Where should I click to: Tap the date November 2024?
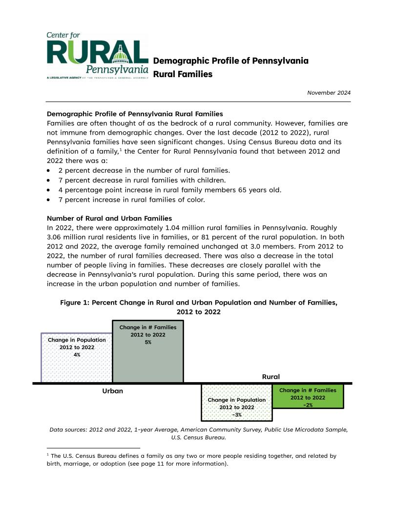pyautogui.click(x=329, y=93)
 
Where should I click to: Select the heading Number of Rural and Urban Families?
pyautogui.click(x=109, y=218)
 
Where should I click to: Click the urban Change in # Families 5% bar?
pyautogui.click(x=147, y=361)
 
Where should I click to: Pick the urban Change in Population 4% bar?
pyautogui.click(x=77, y=366)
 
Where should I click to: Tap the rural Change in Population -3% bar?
pyautogui.click(x=236, y=408)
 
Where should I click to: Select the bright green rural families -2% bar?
pyautogui.click(x=308, y=397)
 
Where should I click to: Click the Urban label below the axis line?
pyautogui.click(x=112, y=391)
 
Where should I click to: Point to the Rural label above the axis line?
pyautogui.click(x=271, y=377)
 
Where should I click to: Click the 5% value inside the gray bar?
pyautogui.click(x=148, y=342)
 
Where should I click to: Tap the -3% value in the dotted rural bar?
pyautogui.click(x=237, y=414)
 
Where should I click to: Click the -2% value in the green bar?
pyautogui.click(x=308, y=405)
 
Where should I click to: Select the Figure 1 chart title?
pyautogui.click(x=199, y=307)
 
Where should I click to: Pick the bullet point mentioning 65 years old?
pyautogui.click(x=169, y=189)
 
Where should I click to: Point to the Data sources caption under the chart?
pyautogui.click(x=199, y=433)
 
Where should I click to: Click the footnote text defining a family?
pyautogui.click(x=190, y=460)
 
